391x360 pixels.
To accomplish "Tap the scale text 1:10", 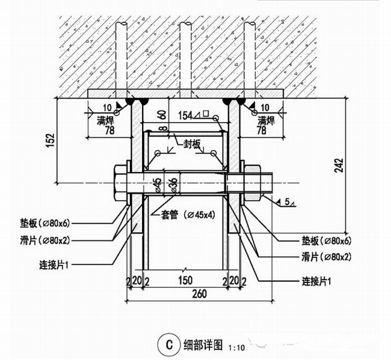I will pos(237,347).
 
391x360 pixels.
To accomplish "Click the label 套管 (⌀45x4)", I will pos(184,214).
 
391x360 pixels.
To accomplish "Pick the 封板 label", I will pos(194,144).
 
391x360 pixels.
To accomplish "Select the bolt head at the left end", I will pos(120,181).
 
